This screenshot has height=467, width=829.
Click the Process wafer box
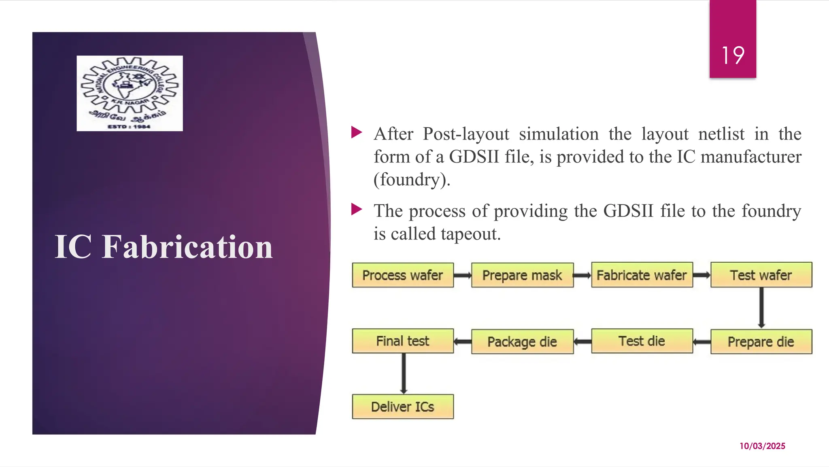pos(403,275)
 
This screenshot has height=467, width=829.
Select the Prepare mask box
pos(522,275)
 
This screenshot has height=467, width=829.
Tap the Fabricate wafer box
pos(642,275)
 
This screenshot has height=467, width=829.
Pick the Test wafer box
pos(761,275)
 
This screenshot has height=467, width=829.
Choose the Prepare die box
pos(761,342)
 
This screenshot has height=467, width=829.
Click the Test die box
pos(642,341)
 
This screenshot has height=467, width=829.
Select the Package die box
pos(522,342)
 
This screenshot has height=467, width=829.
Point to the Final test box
pos(403,341)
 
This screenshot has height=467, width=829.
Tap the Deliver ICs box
pos(403,407)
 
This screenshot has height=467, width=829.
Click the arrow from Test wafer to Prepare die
pos(761,308)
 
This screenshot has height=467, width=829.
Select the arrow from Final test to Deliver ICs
pos(404,373)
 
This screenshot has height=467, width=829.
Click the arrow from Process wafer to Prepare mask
pos(462,276)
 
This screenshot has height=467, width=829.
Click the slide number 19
pos(733,56)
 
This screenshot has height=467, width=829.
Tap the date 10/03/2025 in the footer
pos(762,446)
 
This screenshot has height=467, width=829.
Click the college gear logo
pos(130,93)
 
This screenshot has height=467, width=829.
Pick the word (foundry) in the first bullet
pos(412,180)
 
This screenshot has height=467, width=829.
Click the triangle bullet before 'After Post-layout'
pos(357,132)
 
